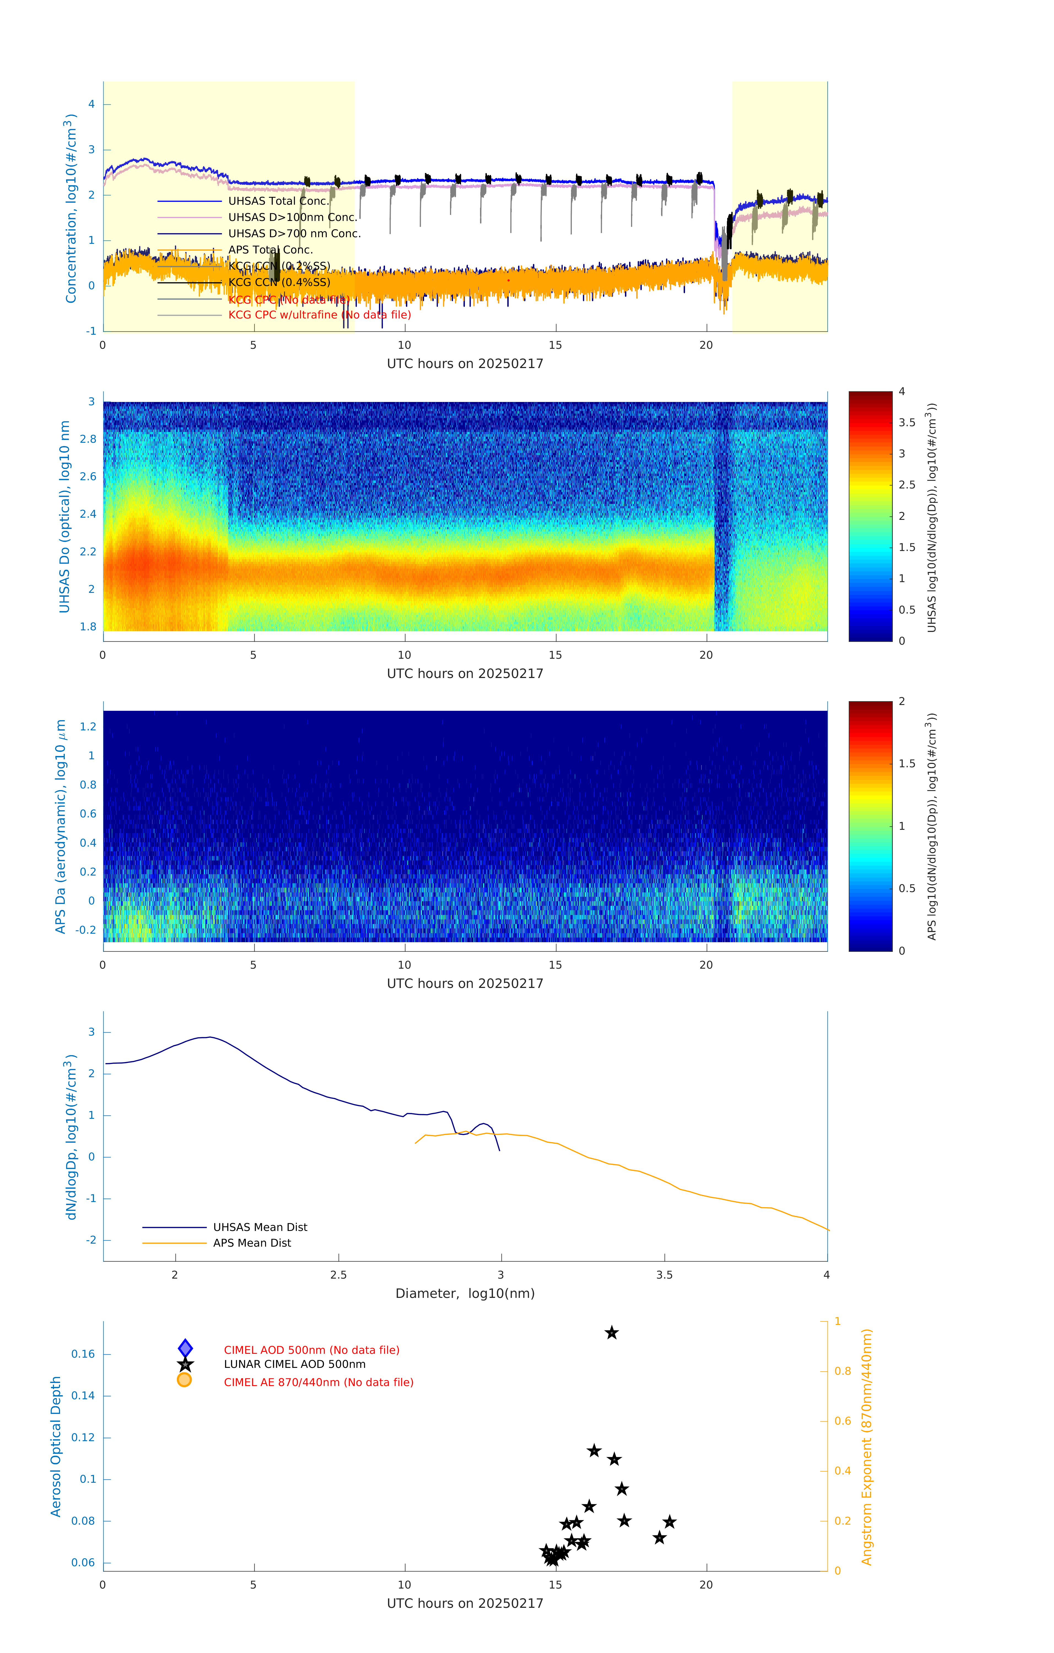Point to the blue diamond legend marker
click(185, 1348)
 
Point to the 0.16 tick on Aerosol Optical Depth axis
click(83, 1354)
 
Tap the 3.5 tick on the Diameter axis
click(664, 1275)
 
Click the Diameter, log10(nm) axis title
click(465, 1293)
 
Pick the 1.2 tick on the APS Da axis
click(88, 726)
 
